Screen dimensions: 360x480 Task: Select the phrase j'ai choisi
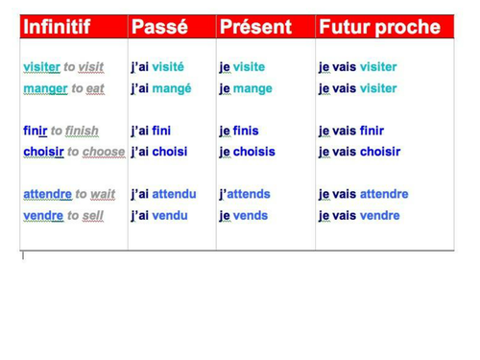(x=159, y=152)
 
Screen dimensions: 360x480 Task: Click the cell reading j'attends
(x=245, y=194)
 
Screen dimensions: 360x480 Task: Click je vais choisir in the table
(x=360, y=152)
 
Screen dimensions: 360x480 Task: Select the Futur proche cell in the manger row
(x=357, y=88)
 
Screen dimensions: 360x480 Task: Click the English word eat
(x=95, y=88)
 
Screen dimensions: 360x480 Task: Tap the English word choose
(x=104, y=152)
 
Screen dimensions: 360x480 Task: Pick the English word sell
(x=92, y=215)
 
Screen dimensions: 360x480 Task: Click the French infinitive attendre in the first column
(x=42, y=194)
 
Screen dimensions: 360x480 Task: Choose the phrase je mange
(x=246, y=88)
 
